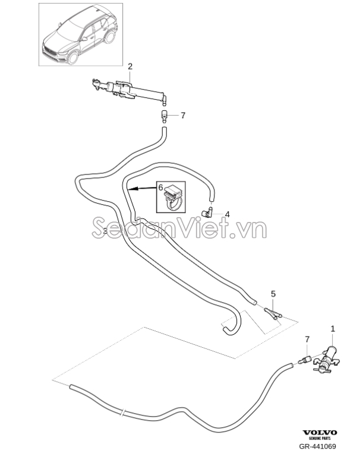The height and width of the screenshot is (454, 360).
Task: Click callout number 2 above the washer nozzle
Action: (x=130, y=66)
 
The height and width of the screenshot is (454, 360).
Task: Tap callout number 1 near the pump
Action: (x=333, y=329)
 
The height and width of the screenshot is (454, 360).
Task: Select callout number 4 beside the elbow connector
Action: (x=228, y=214)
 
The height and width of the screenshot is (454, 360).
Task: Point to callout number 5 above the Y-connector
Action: (x=273, y=294)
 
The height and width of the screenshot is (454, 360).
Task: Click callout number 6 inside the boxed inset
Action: (x=161, y=188)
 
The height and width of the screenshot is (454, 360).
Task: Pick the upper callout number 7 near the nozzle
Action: (x=183, y=115)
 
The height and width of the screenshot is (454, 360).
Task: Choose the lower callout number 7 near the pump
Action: (x=307, y=339)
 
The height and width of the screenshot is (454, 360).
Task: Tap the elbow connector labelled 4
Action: (x=207, y=212)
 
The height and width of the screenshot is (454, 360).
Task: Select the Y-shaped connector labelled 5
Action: (x=273, y=314)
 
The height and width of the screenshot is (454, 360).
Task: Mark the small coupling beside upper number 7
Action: (x=164, y=118)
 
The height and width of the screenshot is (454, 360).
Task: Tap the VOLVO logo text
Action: (x=320, y=433)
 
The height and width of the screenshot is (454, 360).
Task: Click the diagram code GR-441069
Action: (x=318, y=446)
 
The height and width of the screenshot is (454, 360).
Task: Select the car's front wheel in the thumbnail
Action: (x=72, y=57)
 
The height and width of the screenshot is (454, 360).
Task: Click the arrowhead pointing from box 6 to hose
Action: (x=131, y=190)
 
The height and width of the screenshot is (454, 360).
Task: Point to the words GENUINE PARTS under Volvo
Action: (x=320, y=439)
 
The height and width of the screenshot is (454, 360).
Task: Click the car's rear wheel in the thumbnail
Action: (x=109, y=37)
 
